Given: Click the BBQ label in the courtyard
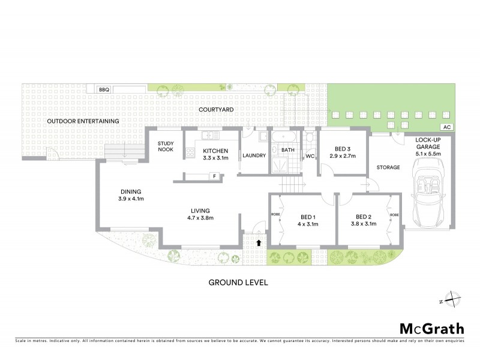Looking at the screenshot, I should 104,89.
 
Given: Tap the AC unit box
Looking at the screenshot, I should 445,127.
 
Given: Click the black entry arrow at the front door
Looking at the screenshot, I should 258,242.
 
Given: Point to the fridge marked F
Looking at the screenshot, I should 213,176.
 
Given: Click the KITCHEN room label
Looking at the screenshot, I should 215,151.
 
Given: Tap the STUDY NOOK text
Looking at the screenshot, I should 166,147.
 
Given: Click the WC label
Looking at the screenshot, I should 310,157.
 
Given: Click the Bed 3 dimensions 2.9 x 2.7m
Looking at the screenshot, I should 343,156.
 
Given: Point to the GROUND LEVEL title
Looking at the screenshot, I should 238,281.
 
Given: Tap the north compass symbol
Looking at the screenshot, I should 454,299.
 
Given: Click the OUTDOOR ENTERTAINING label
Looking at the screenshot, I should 83,121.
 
